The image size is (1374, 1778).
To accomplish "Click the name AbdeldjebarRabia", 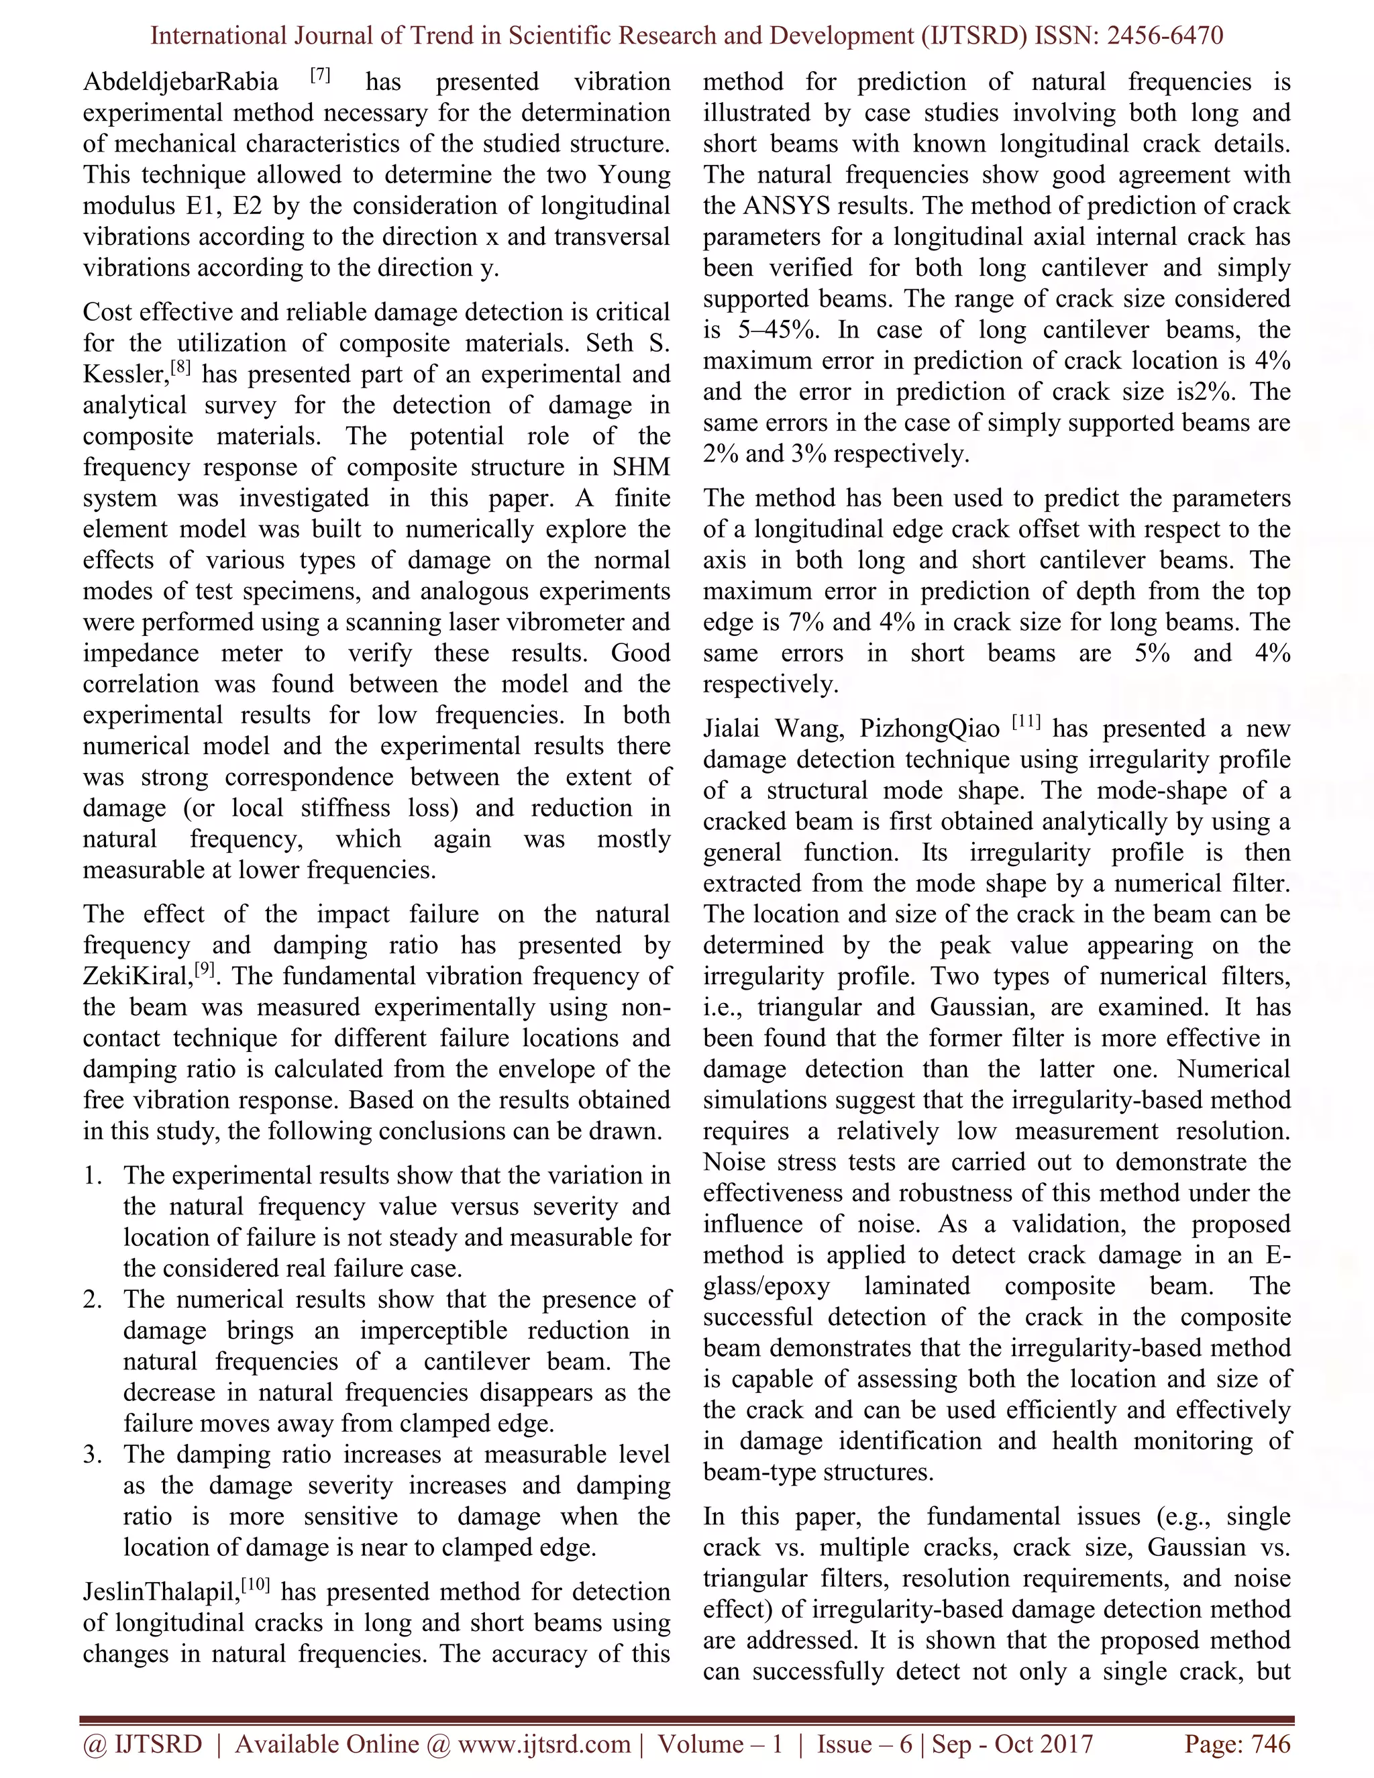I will point(180,83).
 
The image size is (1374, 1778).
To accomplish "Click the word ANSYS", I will point(787,206).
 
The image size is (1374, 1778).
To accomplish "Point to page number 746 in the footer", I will point(1270,1744).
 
